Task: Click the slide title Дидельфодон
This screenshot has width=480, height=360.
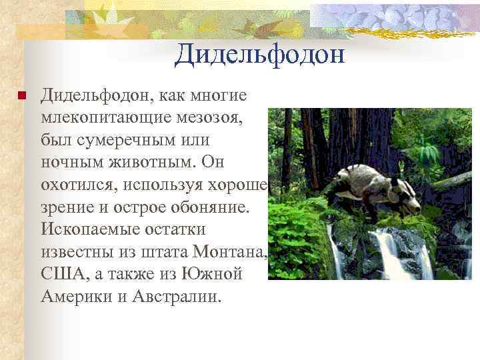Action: [259, 54]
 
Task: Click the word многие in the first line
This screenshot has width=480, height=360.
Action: [220, 96]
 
